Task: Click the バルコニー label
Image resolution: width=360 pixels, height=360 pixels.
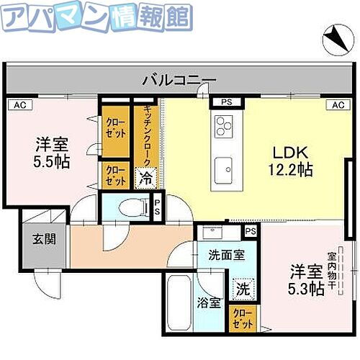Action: [179, 79]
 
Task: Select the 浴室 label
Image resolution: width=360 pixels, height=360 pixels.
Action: [209, 303]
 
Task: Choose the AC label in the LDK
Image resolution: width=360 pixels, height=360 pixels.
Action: [336, 105]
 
